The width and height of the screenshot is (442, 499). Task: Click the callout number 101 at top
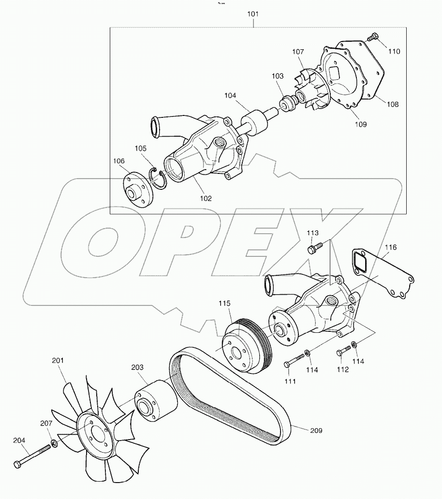[252, 14]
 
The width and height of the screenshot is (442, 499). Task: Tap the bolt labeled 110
[373, 37]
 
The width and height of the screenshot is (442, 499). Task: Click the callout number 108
[393, 104]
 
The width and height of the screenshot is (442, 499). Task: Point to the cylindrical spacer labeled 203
[154, 399]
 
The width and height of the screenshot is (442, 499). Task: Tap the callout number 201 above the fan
[58, 360]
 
